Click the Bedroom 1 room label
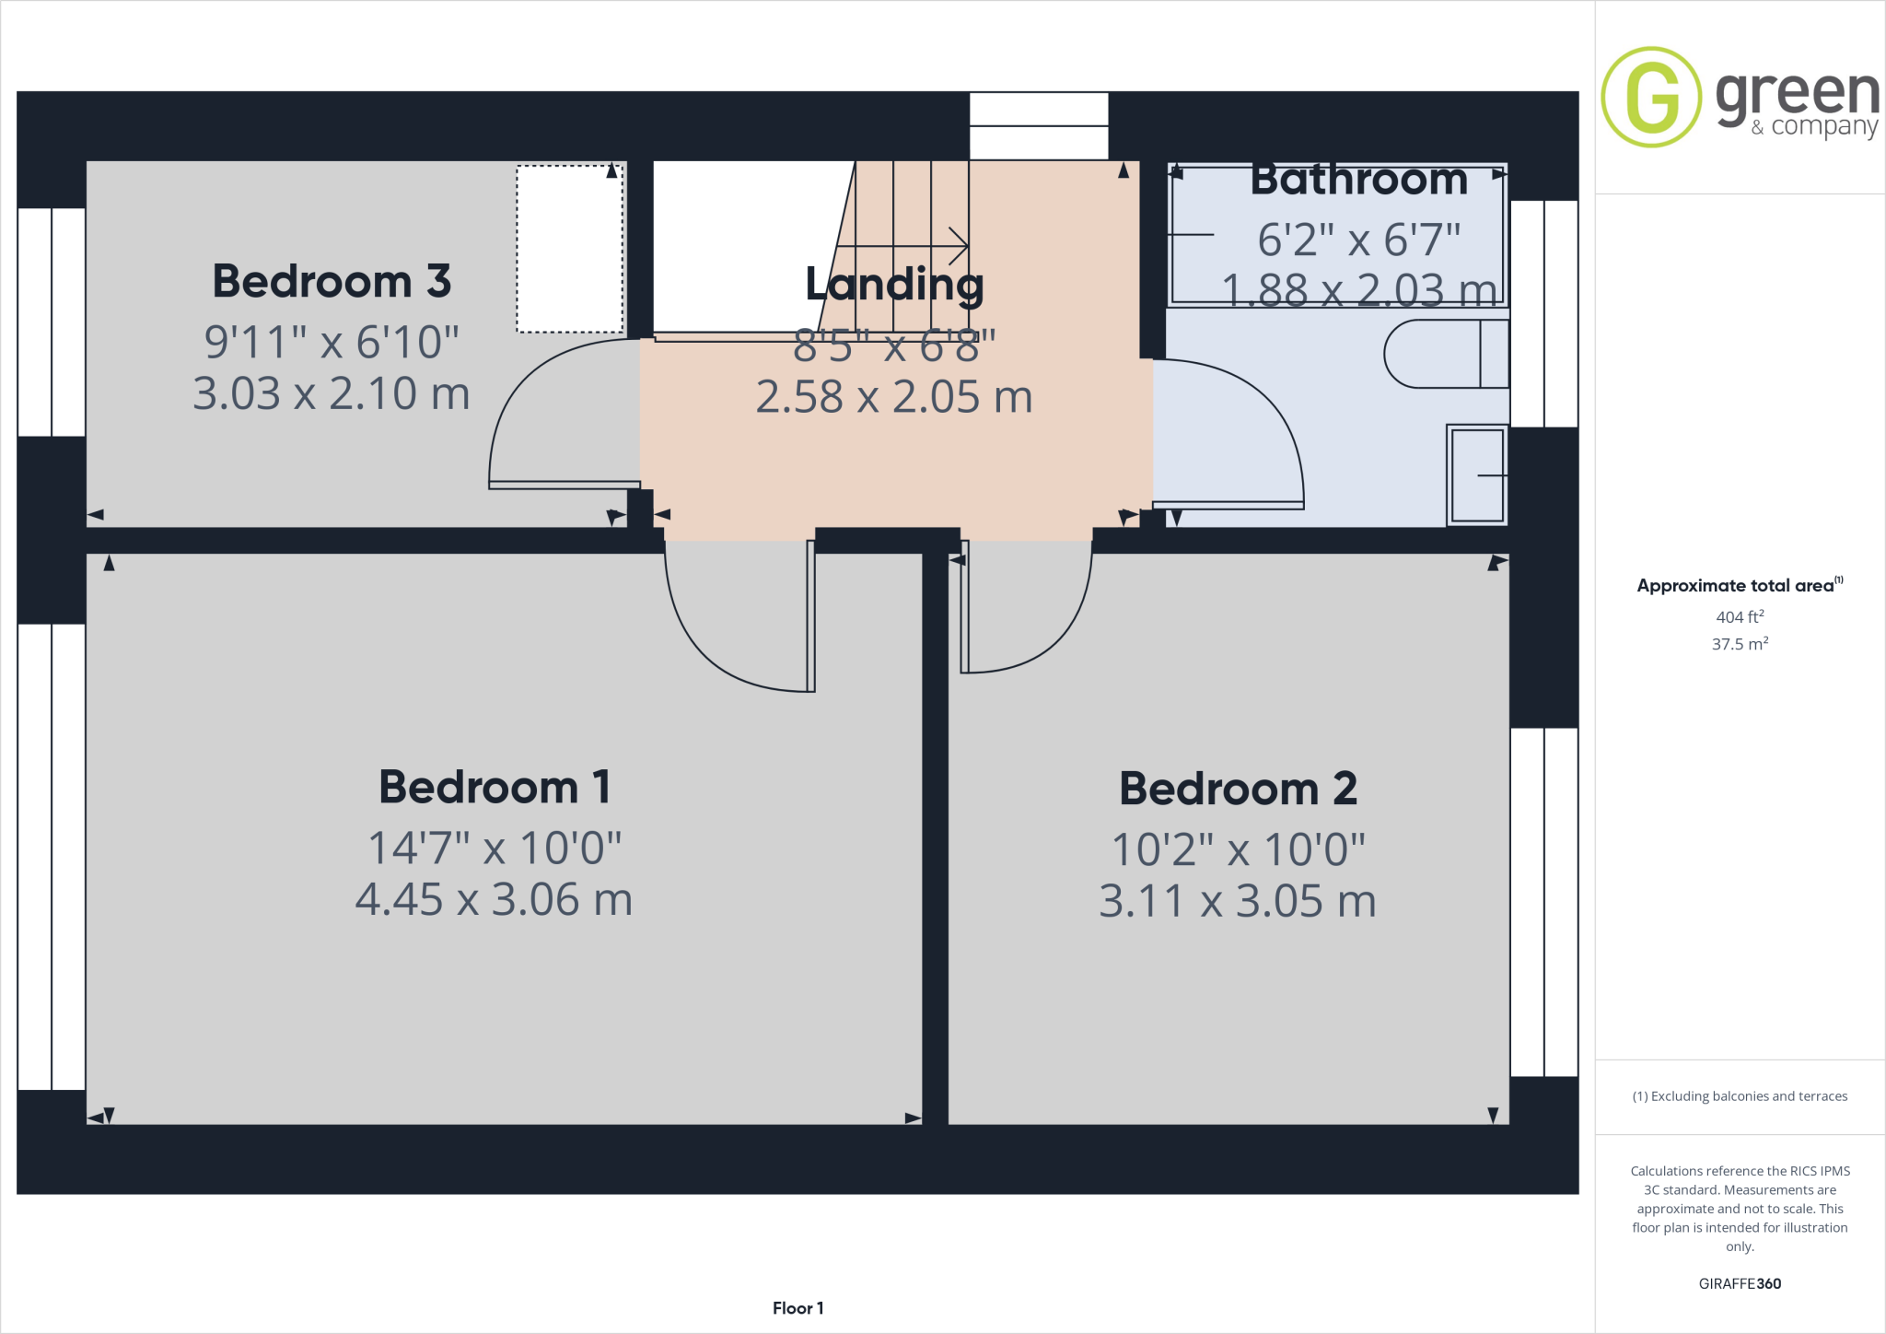coord(495,788)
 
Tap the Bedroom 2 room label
coord(1238,790)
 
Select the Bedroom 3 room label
coord(332,281)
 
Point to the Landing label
coord(894,284)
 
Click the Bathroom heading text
coord(1358,180)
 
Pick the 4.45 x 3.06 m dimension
coord(495,900)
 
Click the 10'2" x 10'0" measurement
coord(1238,849)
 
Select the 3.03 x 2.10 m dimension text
coord(332,394)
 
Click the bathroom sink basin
coord(1477,475)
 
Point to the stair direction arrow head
coord(960,246)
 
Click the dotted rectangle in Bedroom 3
coord(570,249)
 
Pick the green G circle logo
coord(1651,97)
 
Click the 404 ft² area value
coord(1739,617)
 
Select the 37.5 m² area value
coord(1739,644)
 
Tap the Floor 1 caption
coord(797,1308)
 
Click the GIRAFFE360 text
coord(1739,1283)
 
